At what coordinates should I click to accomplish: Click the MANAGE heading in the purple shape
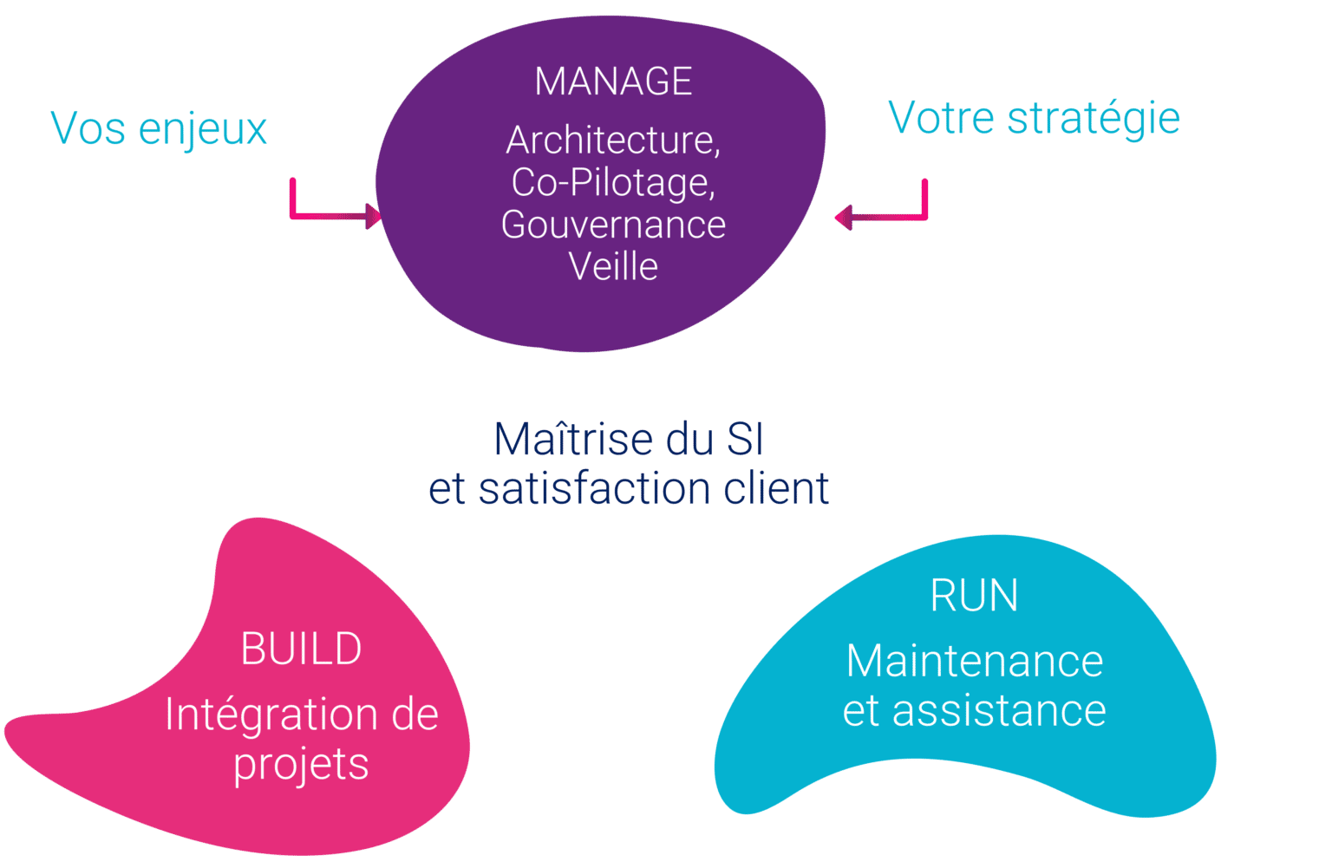pos(613,82)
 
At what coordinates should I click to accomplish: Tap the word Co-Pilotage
pos(612,183)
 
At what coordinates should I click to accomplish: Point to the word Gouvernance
pos(613,225)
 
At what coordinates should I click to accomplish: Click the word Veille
pos(613,266)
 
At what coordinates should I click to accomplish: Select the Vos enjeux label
pos(159,129)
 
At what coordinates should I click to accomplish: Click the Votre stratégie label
pos(1034,118)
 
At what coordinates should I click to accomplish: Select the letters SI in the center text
pos(744,440)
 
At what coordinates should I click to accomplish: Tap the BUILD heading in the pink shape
pos(301,649)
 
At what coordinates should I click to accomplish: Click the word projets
pos(301,765)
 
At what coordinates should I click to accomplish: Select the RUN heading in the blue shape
pos(974,596)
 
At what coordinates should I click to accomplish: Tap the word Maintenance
pos(974,662)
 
